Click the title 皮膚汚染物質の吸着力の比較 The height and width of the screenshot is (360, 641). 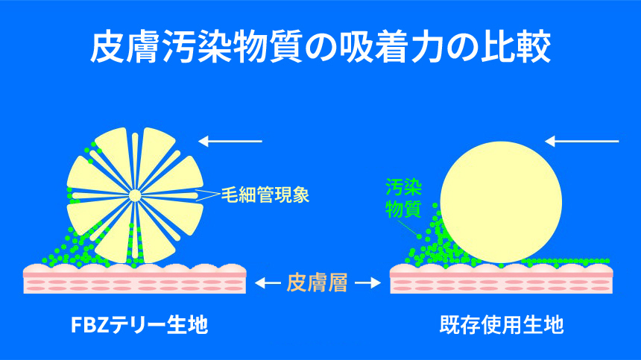pos(320,48)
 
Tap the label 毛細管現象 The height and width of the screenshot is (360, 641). pos(265,195)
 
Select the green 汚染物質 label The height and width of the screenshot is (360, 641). pos(403,198)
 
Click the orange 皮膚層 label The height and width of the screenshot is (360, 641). pos(317,282)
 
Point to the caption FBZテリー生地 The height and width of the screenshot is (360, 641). pos(139,325)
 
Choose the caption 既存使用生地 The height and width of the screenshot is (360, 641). pos(502,325)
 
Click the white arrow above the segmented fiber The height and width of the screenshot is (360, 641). pos(230,142)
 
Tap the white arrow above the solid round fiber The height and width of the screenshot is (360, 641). pos(582,142)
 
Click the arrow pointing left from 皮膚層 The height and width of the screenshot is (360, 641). pos(268,282)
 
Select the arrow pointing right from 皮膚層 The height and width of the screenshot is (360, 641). pos(367,282)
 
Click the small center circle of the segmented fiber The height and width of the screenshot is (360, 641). pos(135,196)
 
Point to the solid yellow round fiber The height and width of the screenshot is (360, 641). pos(501,202)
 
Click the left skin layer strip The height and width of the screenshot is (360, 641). pos(135,279)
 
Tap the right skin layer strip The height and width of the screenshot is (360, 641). pos(502,279)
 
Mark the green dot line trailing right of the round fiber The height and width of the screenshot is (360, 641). pos(566,262)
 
